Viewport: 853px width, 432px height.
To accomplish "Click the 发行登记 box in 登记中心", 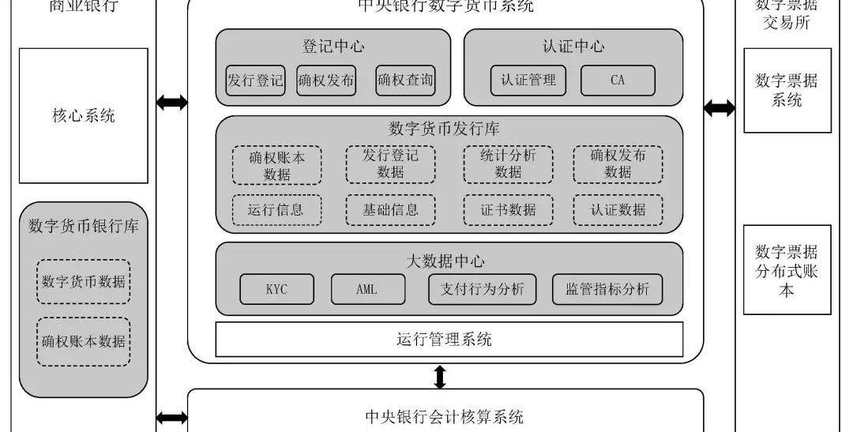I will (255, 81).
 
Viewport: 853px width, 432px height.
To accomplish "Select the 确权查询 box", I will (405, 81).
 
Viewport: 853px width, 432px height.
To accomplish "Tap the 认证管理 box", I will (528, 81).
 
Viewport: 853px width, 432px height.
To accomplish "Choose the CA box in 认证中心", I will (618, 81).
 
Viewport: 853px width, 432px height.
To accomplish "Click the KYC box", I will (276, 289).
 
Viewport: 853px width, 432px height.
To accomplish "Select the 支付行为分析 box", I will (482, 289).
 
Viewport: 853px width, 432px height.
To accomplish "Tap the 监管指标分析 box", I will (607, 289).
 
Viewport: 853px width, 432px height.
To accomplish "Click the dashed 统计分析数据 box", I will (508, 164).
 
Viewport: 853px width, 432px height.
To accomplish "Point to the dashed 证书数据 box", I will (508, 209).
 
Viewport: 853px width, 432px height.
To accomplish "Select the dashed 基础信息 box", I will (390, 209).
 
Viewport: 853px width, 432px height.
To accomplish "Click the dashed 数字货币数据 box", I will (84, 282).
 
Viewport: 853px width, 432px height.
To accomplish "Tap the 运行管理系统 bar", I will (449, 340).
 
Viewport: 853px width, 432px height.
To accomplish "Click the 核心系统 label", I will (84, 115).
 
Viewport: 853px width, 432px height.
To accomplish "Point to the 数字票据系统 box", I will (787, 90).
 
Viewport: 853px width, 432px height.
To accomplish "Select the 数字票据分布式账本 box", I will (787, 270).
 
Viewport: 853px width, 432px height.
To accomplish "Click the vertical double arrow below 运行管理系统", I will (441, 376).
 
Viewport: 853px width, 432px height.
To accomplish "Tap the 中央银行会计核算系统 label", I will (445, 416).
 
